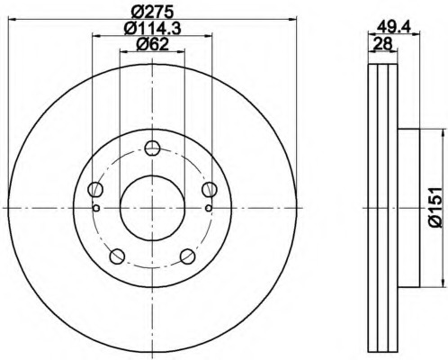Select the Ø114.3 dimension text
coord(150,29)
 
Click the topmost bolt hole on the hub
coord(152,149)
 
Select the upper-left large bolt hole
coord(95,189)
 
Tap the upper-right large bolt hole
coord(209,189)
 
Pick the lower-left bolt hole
coord(117,255)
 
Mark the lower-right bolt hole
coord(187,255)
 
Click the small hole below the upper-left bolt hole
coord(96,208)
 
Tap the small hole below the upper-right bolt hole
coord(208,208)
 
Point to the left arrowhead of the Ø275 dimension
coord(11,20)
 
